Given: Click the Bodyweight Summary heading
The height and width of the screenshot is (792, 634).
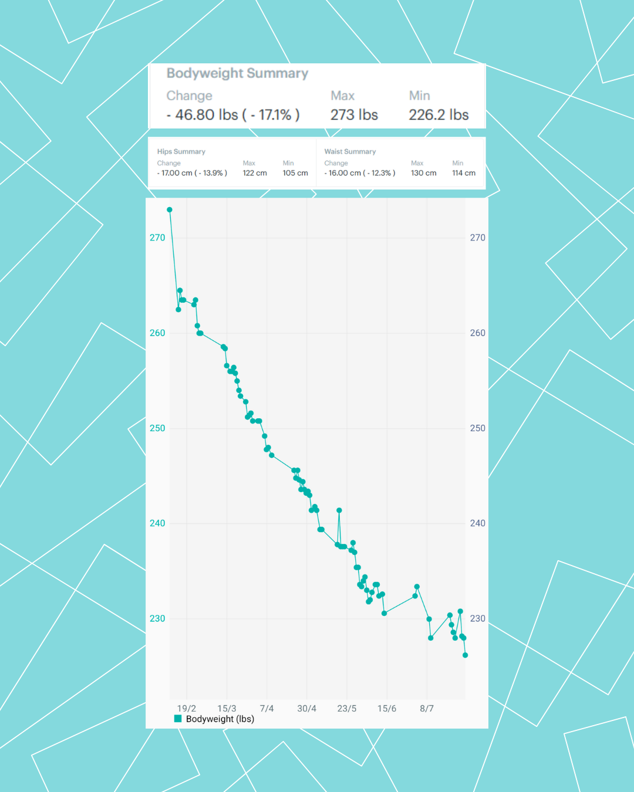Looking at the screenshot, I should point(237,73).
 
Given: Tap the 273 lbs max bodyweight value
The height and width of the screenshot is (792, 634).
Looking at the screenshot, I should point(354,115).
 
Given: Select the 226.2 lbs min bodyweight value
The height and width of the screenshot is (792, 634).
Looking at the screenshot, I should point(439,115).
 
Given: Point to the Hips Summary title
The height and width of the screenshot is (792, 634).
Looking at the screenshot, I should point(181,151).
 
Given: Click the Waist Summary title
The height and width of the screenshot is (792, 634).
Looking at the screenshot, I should point(350,151).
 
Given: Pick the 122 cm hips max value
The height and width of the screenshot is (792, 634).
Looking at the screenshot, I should point(255,173).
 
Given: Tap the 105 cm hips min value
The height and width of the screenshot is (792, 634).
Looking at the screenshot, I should point(295,173).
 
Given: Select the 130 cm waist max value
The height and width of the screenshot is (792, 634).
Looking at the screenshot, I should point(424,173).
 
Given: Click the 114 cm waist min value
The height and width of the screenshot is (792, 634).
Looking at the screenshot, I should point(464,173).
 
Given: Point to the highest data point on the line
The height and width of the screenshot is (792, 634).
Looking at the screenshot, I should point(170,209).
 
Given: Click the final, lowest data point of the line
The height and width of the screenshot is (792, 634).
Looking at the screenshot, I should point(466,655).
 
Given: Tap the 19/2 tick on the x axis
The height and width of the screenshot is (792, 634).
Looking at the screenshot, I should point(187,709).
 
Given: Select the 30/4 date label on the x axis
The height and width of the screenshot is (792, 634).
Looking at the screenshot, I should point(306,709).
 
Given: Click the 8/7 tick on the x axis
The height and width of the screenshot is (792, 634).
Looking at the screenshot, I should point(427,709).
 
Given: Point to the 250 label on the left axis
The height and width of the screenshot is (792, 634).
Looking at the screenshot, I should point(157,428).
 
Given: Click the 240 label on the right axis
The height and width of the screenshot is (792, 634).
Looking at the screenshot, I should point(478,523).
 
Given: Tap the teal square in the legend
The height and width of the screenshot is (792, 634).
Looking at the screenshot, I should point(178,719).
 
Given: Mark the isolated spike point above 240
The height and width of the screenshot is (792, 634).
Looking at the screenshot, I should point(339,510).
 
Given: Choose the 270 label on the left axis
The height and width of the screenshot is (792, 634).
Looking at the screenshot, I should point(157,238).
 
